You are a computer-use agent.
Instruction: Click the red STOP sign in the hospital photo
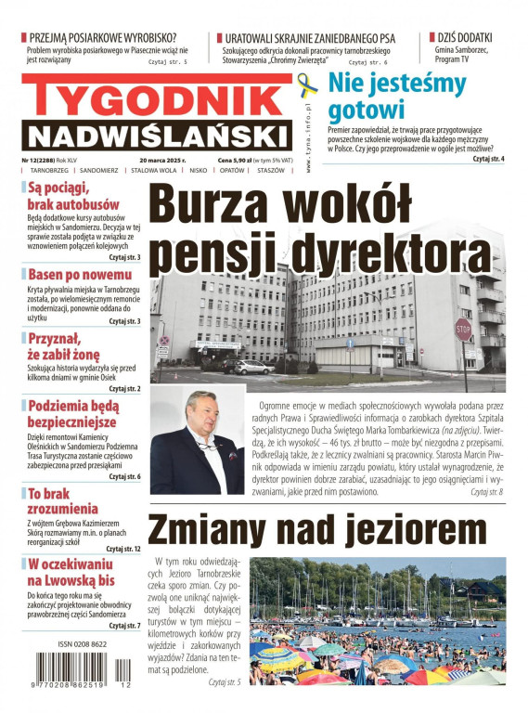tap(463, 330)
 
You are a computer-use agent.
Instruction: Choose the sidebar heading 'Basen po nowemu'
tap(80, 275)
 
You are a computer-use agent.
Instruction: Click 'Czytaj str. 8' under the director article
tap(486, 491)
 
